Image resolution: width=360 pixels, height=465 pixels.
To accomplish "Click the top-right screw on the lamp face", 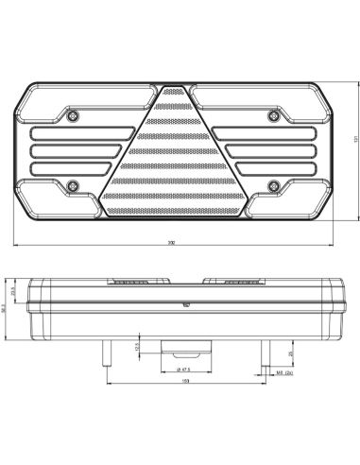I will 273,115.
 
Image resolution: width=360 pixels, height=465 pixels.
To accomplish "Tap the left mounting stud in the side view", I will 101,353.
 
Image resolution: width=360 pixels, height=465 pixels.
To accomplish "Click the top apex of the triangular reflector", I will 174,88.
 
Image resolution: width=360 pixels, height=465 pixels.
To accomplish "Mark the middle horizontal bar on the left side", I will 81,149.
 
